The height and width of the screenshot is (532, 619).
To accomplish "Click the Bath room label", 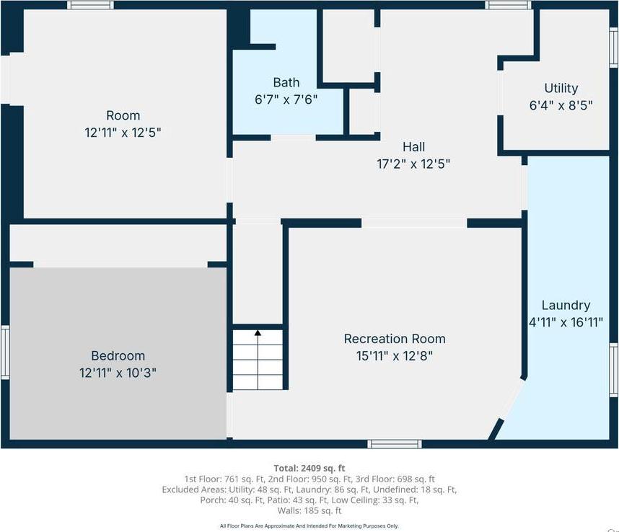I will point(286,82).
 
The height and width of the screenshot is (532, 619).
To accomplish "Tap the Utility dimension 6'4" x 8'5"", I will point(561,105).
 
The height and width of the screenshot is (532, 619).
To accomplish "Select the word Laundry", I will point(566,305).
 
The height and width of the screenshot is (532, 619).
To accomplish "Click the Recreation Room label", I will point(394,338).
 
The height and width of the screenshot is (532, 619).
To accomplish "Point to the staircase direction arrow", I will point(258,333).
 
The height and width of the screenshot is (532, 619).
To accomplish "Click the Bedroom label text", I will point(118,355).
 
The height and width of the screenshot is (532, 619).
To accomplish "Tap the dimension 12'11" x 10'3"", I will point(118,373).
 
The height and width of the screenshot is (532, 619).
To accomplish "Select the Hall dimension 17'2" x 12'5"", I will point(413,164).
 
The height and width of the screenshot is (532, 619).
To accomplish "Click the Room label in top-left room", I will point(123,115).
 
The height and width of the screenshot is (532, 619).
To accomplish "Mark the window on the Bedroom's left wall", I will point(4,352).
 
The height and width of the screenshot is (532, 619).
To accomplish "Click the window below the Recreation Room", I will point(394,443).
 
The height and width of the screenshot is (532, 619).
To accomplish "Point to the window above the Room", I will point(90,4).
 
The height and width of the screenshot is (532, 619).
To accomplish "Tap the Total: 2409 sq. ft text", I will point(309,467).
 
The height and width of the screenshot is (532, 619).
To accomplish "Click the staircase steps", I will point(258,364).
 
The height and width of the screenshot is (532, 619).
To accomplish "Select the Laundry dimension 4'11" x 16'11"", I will point(566,322).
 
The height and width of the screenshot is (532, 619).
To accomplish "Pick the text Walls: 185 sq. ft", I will point(309,510).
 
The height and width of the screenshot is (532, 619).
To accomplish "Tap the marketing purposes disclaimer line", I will point(309,526).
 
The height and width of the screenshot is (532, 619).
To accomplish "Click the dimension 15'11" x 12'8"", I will point(394,355).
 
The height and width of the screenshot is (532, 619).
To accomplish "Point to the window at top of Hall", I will point(508,4).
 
